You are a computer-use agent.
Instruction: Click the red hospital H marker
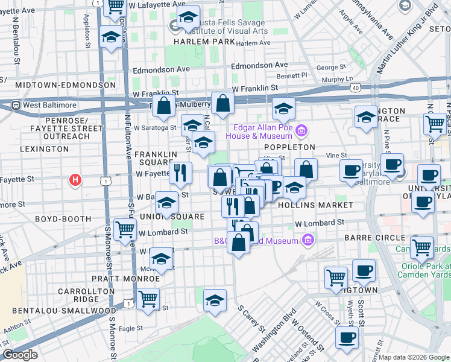[75, 180]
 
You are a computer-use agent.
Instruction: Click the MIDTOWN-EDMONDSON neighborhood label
[66, 85]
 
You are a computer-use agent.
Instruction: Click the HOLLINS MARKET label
[315, 205]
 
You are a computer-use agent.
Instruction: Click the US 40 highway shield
[356, 88]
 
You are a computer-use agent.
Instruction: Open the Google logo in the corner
[20, 355]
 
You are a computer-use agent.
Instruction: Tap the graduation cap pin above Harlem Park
[189, 17]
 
